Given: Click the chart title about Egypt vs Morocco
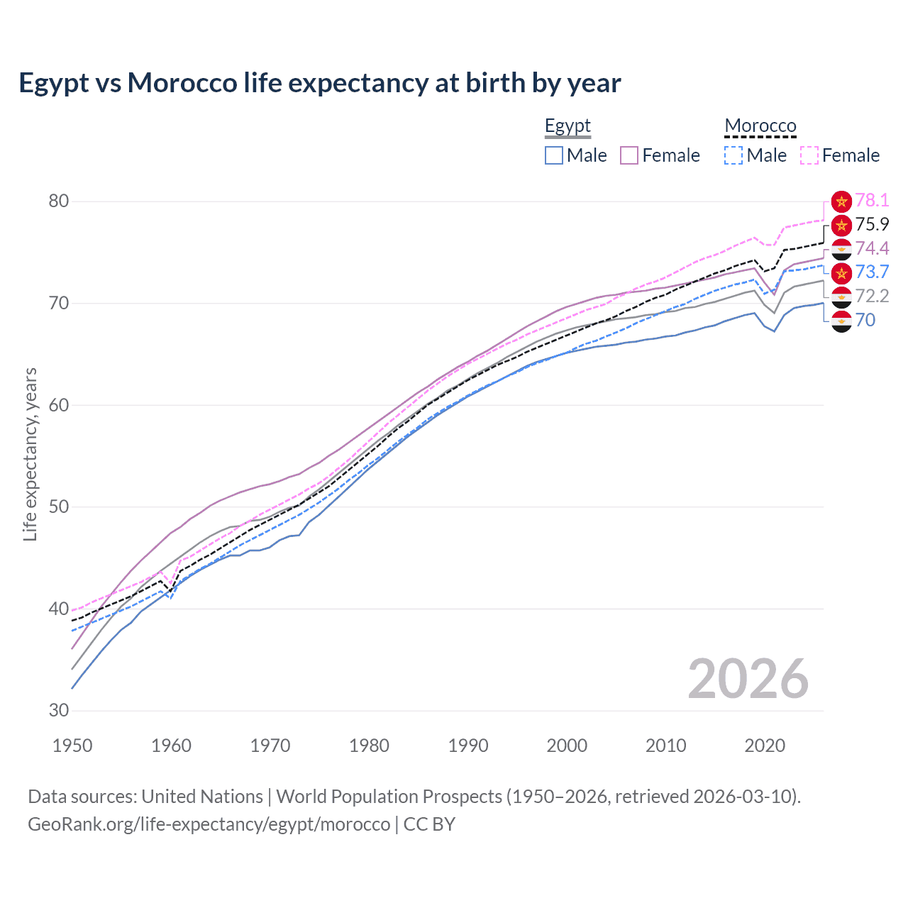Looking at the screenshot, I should (319, 83).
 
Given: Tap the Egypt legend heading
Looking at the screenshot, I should (567, 126).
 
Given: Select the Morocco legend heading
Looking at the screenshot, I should (760, 126).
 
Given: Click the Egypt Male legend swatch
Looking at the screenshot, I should (554, 155).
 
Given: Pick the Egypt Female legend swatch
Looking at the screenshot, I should (629, 155).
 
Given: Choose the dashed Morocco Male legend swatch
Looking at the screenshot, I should (733, 155).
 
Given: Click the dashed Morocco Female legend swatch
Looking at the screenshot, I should (809, 155).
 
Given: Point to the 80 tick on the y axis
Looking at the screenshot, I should (59, 201).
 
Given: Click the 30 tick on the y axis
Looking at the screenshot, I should (59, 710).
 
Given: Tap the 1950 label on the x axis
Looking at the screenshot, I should (72, 746).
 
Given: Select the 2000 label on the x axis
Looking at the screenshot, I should (567, 746).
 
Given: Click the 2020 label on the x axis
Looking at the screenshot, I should (765, 746).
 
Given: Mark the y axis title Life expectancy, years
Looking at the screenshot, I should (30, 454).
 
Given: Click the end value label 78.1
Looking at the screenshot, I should (872, 201).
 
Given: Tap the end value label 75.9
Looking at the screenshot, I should (872, 224).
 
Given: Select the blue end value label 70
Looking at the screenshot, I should (865, 320).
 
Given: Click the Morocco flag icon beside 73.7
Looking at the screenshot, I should (841, 272).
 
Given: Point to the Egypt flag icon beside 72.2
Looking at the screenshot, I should (841, 297).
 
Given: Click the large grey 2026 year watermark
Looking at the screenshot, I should (748, 679).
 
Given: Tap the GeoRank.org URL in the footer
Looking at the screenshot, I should (209, 824).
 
